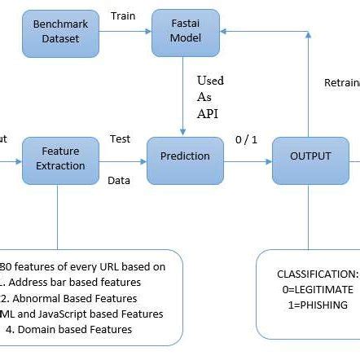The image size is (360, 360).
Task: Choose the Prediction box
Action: pyautogui.click(x=184, y=156)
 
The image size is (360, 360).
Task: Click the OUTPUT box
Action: pyautogui.click(x=311, y=156)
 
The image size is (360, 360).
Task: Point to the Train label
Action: pyautogui.click(x=123, y=15)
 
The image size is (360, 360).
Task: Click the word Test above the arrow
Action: pyautogui.click(x=120, y=139)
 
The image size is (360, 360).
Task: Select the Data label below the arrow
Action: pyautogui.click(x=119, y=180)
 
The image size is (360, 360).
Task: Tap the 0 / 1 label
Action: pyautogui.click(x=245, y=139)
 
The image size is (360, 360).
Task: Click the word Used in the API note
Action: pyautogui.click(x=210, y=81)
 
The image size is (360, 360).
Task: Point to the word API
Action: pyautogui.click(x=208, y=112)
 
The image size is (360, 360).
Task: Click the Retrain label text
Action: pyautogui.click(x=341, y=83)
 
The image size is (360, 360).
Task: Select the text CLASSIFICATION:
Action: pyautogui.click(x=317, y=274)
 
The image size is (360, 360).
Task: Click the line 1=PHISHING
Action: pyautogui.click(x=316, y=305)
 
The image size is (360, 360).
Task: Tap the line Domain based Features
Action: pyautogui.click(x=81, y=330)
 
